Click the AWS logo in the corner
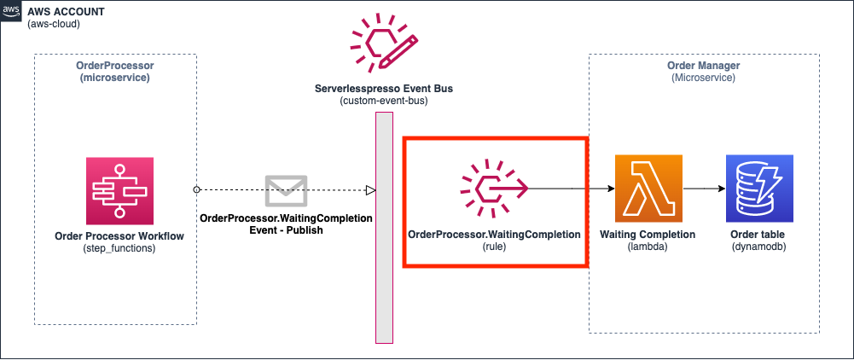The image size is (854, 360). coord(11,12)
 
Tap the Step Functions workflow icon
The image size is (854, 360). coord(119,190)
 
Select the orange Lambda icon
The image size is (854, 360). coord(648,189)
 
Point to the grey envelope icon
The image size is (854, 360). coord(287,190)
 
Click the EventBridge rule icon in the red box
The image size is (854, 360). coord(495,189)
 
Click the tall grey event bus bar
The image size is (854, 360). coord(384,228)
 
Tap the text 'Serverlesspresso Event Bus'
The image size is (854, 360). coord(384,88)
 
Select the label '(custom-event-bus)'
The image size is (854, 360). coord(384,101)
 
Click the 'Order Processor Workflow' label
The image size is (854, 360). coord(119,236)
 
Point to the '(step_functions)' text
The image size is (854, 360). coord(119,248)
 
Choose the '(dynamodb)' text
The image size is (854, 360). coord(759,247)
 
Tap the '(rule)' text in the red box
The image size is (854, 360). coord(495,247)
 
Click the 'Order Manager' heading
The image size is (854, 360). coord(704,66)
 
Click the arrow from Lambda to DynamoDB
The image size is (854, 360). coord(704,189)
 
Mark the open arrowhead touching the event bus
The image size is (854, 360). coord(370,190)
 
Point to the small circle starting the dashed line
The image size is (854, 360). coord(196,189)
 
